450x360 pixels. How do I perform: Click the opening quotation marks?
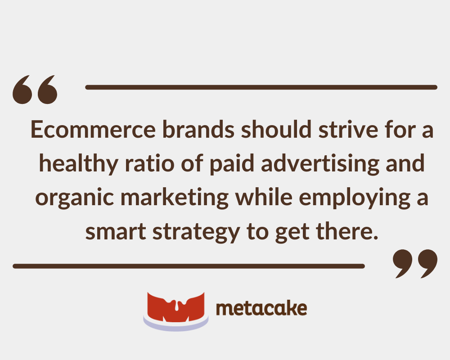tap(36, 90)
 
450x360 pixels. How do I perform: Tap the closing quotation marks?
tap(414, 264)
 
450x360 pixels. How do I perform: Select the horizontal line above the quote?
tap(261, 87)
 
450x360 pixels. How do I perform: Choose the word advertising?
tap(320, 164)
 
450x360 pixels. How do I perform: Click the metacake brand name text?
tap(261, 309)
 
